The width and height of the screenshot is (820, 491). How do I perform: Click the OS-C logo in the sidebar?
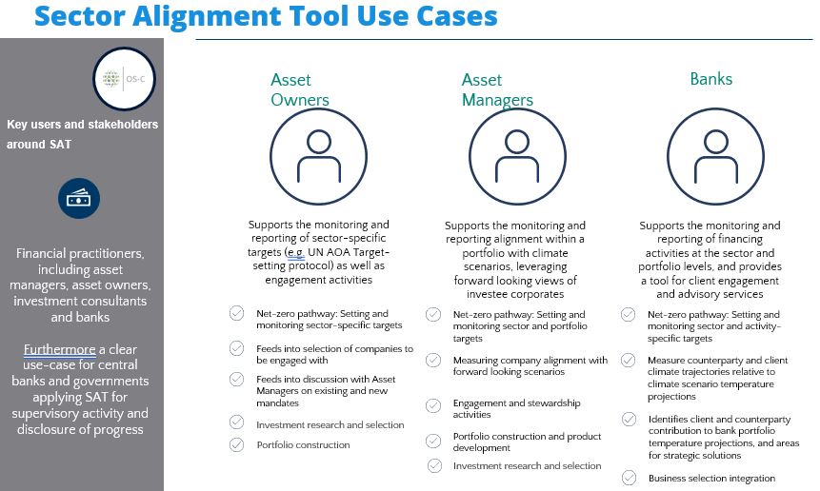point(124,79)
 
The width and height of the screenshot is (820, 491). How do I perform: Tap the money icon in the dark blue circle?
point(79,199)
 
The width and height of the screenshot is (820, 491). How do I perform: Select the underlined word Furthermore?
point(60,349)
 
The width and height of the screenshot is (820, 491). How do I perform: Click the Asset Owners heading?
point(300,89)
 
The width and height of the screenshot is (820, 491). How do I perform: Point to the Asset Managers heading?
point(497,89)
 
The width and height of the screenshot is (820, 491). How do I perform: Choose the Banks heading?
point(711,79)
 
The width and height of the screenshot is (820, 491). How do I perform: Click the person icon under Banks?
point(715,156)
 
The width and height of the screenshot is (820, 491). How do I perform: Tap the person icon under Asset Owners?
point(318,156)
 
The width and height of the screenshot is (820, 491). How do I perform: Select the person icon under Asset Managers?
point(517,156)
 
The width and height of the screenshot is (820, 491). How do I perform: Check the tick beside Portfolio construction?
point(237,444)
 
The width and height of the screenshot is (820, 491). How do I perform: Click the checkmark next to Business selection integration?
point(630,478)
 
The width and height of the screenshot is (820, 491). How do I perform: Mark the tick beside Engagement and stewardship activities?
point(433,406)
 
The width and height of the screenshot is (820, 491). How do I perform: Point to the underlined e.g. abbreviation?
point(296,252)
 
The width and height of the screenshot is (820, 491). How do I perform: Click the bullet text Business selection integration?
point(711,478)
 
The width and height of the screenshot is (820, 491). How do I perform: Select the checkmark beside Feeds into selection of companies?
point(237,348)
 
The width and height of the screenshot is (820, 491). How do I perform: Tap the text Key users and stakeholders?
point(82,125)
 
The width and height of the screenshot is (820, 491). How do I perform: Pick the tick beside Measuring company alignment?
point(433,360)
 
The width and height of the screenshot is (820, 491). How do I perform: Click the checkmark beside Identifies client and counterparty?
point(630,419)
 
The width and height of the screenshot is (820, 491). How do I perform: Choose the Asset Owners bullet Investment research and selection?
point(330,424)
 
